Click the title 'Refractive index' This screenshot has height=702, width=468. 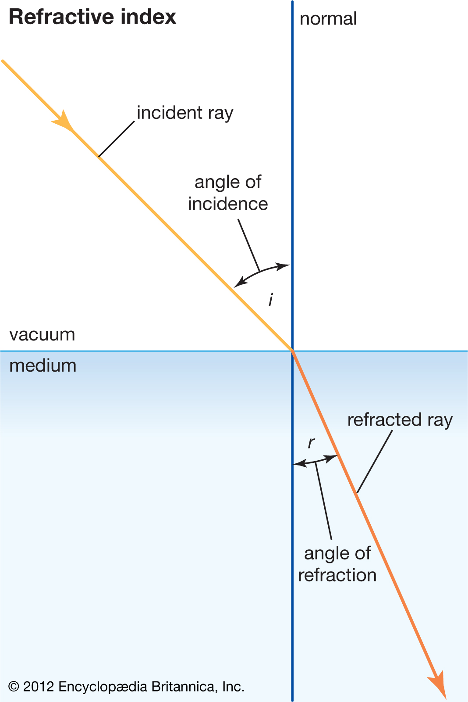click(92, 18)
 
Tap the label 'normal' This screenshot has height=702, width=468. click(328, 19)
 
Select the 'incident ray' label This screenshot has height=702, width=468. click(185, 113)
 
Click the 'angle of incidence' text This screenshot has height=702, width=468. click(228, 193)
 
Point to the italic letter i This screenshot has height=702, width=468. click(271, 300)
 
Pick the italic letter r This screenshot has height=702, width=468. click(311, 443)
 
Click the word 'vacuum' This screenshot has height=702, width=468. click(42, 335)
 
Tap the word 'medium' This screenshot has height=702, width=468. click(43, 365)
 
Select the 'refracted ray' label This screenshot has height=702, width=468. click(400, 420)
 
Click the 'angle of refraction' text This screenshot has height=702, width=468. click(337, 564)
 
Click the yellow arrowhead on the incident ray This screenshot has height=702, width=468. click(64, 121)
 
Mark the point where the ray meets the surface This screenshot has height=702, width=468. click(292, 350)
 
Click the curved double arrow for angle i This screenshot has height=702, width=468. click(261, 272)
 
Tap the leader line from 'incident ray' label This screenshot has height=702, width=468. click(116, 139)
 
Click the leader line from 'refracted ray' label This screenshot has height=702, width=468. click(375, 462)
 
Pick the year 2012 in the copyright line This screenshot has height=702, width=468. click(39, 687)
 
